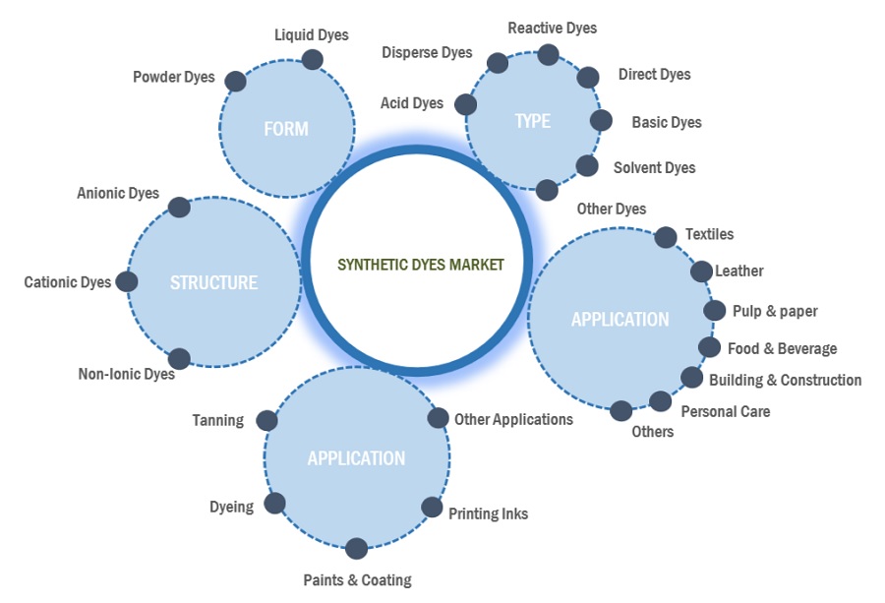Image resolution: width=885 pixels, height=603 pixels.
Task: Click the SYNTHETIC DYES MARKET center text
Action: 420,265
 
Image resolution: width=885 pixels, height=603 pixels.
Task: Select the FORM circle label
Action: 286,129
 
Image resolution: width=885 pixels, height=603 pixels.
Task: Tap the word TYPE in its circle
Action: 533,121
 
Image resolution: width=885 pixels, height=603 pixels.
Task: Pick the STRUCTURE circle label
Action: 213,282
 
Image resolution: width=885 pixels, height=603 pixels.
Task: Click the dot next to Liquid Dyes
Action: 312,60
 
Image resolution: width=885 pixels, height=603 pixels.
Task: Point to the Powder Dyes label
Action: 174,77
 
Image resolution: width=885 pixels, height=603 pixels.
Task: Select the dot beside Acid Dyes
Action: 466,104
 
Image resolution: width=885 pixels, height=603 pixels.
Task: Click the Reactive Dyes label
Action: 552,28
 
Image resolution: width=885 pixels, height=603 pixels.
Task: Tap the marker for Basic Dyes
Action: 601,121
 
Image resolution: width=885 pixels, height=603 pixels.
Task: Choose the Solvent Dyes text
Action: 654,167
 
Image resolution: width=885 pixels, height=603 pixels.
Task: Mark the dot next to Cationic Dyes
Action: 127,282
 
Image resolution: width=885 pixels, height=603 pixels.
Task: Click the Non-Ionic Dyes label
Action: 126,374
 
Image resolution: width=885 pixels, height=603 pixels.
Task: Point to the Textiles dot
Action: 666,237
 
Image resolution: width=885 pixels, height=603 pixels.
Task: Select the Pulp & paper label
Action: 775,311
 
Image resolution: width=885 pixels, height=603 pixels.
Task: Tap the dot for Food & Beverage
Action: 708,347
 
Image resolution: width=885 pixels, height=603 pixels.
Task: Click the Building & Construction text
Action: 785,380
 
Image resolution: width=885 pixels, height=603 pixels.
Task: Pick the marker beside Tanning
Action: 266,421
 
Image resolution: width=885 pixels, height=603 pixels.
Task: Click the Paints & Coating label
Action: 357,579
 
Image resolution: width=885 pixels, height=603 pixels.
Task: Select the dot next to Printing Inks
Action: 432,508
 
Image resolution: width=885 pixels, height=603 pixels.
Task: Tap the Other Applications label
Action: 513,419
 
